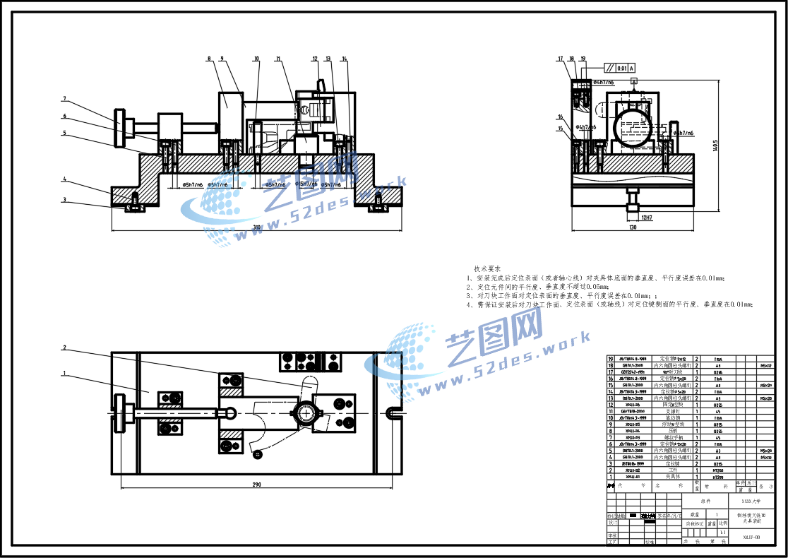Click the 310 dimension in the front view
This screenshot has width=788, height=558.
pyautogui.click(x=257, y=227)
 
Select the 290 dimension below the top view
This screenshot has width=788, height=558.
pyautogui.click(x=256, y=485)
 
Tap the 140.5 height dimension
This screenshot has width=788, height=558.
pyautogui.click(x=715, y=145)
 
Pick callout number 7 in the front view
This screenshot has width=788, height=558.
pyautogui.click(x=64, y=99)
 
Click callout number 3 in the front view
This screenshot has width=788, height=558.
pyautogui.click(x=64, y=200)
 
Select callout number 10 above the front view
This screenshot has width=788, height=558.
pyautogui.click(x=256, y=59)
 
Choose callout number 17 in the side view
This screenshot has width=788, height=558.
pyautogui.click(x=560, y=59)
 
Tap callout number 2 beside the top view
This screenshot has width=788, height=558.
pyautogui.click(x=64, y=348)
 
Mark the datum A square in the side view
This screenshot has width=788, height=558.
pyautogui.click(x=634, y=82)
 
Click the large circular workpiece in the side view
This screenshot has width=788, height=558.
pyautogui.click(x=631, y=129)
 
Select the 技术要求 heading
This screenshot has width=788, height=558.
pyautogui.click(x=487, y=269)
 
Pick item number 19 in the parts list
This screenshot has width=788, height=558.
pyautogui.click(x=611, y=359)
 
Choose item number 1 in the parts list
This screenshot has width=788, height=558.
pyautogui.click(x=611, y=476)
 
